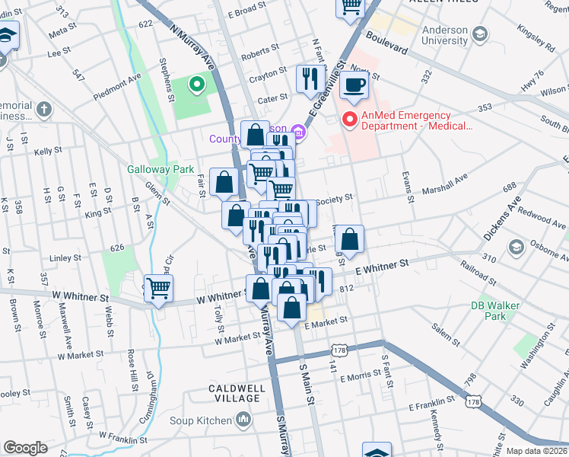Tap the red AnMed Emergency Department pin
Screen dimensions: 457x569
pyautogui.click(x=349, y=119)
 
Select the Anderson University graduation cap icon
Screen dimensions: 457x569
pyautogui.click(x=480, y=34)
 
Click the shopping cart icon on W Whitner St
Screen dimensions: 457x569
pyautogui.click(x=158, y=289)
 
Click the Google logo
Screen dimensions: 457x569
pyautogui.click(x=25, y=448)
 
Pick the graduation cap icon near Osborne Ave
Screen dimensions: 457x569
pyautogui.click(x=516, y=247)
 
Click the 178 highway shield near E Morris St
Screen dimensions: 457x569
pyautogui.click(x=339, y=350)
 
